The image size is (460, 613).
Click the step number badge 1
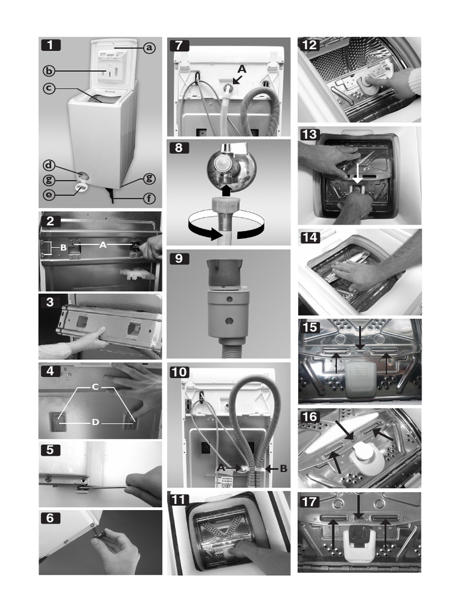[x=50, y=44]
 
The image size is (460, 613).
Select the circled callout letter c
[x=50, y=88]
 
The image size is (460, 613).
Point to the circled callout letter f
[x=149, y=199]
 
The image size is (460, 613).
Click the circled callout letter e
[x=50, y=194]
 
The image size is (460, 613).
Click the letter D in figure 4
[x=95, y=422]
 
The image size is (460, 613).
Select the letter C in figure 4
[x=95, y=387]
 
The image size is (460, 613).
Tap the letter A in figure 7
[x=242, y=68]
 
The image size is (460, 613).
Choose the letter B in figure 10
[x=283, y=469]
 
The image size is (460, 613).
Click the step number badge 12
[x=309, y=44]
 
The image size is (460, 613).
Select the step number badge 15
[x=309, y=327]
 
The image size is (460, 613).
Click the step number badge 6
[x=50, y=518]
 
